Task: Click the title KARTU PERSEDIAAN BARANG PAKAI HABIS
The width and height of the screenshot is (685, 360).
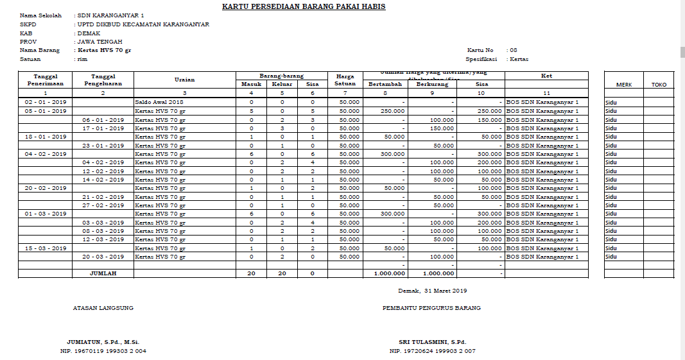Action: point(304,6)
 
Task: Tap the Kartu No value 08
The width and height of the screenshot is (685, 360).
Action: point(512,50)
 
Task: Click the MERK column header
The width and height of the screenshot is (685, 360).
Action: point(623,85)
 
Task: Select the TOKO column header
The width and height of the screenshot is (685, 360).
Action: point(659,85)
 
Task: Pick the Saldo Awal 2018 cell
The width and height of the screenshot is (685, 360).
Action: point(159,102)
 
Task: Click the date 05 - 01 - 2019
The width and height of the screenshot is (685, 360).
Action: point(46,111)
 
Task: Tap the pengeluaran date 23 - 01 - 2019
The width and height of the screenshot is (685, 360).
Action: point(103,145)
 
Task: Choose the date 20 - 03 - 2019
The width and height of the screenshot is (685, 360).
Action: point(103,257)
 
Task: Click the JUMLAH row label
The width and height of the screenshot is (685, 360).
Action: point(103,273)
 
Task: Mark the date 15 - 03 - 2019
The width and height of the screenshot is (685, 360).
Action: point(46,248)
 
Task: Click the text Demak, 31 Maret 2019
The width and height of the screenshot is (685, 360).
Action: point(432,291)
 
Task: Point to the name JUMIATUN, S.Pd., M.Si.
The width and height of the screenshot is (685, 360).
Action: point(103,342)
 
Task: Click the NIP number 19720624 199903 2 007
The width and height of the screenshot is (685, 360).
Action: point(432,351)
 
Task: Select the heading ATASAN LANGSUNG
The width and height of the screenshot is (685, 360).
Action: point(103,308)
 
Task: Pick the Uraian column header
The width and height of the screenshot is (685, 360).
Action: point(184,80)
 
